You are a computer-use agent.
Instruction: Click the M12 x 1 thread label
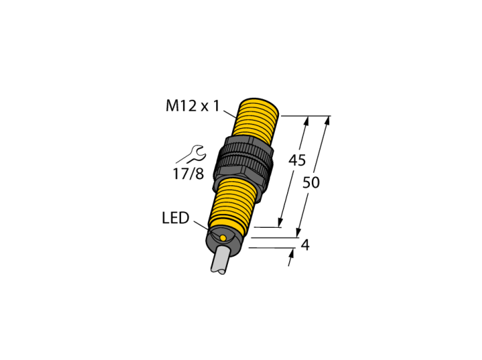193,106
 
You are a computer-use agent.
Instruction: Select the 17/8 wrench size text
189,174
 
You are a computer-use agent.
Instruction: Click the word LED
175,218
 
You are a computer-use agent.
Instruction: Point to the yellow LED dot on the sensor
223,237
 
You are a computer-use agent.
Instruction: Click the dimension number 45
297,160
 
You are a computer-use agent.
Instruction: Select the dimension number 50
311,182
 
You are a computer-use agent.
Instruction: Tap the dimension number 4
305,245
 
